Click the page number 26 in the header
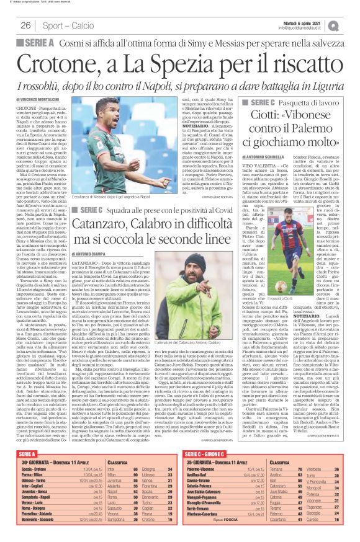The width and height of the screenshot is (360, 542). tap(26, 25)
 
